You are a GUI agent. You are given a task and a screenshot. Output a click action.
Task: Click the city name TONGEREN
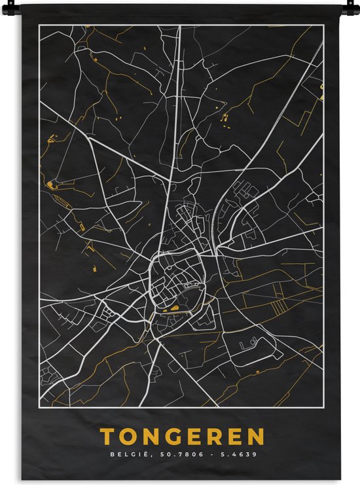click(x=182, y=437)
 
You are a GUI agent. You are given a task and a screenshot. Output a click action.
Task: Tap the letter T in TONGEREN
click(x=106, y=437)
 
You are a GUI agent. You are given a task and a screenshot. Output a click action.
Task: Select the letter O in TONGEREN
click(x=127, y=437)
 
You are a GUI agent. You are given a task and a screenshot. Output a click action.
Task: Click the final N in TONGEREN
click(x=257, y=437)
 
